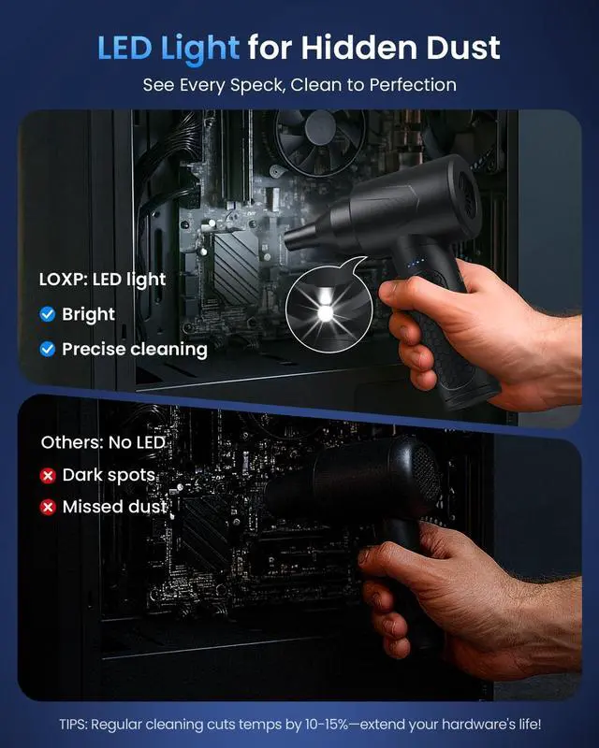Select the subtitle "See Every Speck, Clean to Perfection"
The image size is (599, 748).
tap(299, 85)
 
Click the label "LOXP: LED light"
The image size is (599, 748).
tap(103, 279)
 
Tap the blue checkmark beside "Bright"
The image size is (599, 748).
tap(48, 314)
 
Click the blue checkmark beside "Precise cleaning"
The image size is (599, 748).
tap(48, 349)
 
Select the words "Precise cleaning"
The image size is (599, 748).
tap(134, 349)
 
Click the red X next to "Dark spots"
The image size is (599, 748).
tap(48, 475)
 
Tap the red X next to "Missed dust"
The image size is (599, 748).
tap(48, 508)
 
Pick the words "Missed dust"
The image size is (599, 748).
tap(114, 508)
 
